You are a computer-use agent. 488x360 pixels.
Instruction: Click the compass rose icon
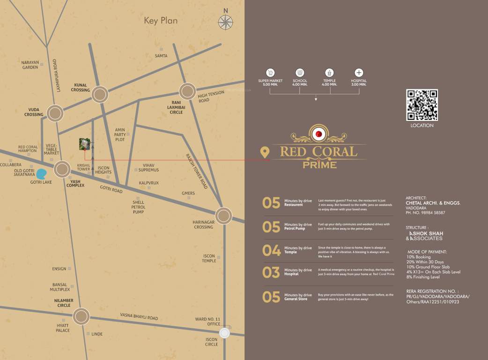coord(225,22)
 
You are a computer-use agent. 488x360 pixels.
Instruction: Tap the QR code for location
coord(421,105)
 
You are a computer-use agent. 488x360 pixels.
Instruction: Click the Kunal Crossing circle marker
coord(100,94)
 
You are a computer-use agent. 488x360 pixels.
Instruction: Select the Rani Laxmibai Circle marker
coord(187,91)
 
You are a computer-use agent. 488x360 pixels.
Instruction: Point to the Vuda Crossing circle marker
coord(55,113)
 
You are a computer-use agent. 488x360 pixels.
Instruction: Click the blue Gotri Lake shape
coord(42,174)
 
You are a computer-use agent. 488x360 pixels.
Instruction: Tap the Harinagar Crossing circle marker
coord(223,216)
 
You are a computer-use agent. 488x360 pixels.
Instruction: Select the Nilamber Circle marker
coord(81,316)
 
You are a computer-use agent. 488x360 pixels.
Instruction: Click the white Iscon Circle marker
coord(225,333)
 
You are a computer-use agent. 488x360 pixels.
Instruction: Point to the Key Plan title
coord(161,21)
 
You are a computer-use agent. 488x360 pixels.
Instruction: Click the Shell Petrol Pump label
coord(138,207)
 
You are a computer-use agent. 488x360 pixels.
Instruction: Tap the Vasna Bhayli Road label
coord(139,317)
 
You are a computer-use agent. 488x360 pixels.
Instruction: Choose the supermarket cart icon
coord(270,73)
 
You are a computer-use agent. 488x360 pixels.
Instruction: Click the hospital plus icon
coord(359,73)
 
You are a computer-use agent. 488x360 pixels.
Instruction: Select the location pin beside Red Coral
coord(265,152)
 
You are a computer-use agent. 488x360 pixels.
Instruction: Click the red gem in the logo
coord(319,135)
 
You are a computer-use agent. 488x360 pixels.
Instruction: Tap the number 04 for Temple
coord(271,250)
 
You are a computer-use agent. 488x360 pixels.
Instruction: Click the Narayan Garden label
coord(30,65)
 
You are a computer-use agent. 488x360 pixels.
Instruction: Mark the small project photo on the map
coord(85,144)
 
